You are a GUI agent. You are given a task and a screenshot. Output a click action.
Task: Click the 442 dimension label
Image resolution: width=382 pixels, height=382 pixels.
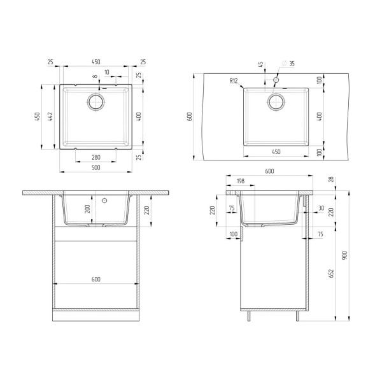point(50,117)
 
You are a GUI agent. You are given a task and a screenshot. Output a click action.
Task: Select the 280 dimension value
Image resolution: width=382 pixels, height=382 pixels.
point(96,157)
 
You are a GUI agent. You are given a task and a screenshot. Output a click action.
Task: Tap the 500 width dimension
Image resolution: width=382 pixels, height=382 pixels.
point(96,167)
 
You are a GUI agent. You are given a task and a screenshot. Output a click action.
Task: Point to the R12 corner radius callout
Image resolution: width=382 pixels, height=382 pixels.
point(234,81)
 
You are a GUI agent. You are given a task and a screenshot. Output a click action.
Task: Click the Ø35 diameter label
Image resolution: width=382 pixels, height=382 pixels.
point(288,64)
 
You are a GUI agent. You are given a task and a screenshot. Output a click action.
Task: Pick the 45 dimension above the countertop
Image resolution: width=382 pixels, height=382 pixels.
point(260,64)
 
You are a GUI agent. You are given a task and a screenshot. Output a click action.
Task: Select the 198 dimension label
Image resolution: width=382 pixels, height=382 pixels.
point(240,181)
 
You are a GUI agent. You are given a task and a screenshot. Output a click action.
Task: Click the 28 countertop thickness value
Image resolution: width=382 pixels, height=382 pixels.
point(331,180)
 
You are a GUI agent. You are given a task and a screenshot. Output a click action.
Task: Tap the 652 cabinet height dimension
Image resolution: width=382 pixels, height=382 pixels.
point(331,273)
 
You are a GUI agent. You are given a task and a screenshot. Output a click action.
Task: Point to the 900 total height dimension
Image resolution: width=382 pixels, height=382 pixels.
point(344,255)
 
